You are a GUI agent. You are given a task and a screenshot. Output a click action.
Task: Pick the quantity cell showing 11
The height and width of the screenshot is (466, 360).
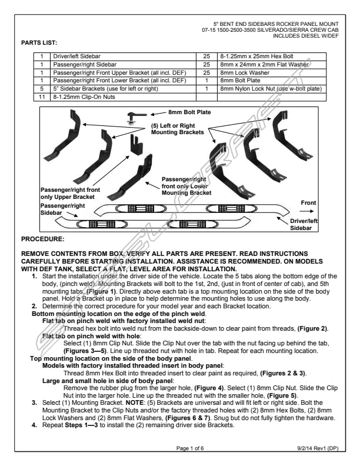(x=42, y=95)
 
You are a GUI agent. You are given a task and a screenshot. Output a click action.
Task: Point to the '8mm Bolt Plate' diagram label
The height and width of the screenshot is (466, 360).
(x=189, y=112)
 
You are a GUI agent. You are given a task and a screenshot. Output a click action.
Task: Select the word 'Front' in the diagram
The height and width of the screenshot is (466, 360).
(x=308, y=202)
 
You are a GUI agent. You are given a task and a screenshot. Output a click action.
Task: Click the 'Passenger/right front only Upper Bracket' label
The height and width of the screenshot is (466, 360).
(x=67, y=194)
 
